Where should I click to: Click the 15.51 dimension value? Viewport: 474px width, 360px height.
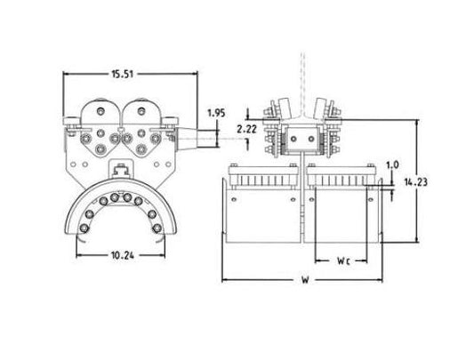[x=123, y=74]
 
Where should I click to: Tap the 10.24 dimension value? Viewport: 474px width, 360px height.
[x=123, y=255]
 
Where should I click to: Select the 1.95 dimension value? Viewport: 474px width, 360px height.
[x=216, y=113]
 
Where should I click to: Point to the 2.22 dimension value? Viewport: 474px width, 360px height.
[x=246, y=130]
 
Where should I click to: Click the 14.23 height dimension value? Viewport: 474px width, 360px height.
[x=416, y=182]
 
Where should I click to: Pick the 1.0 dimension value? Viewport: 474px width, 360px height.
[x=393, y=165]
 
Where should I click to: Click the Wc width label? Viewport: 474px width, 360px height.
[x=343, y=260]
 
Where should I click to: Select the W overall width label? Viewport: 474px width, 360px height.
[x=305, y=280]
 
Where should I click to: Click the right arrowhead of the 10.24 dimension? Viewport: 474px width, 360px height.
[x=163, y=255]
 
